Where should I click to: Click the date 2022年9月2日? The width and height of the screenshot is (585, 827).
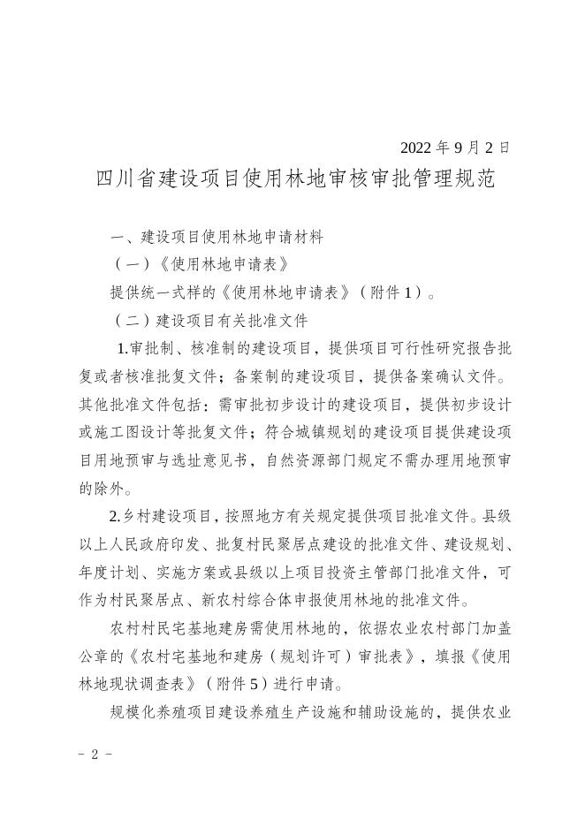pos(454,148)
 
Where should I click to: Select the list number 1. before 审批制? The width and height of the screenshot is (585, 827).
pos(123,349)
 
